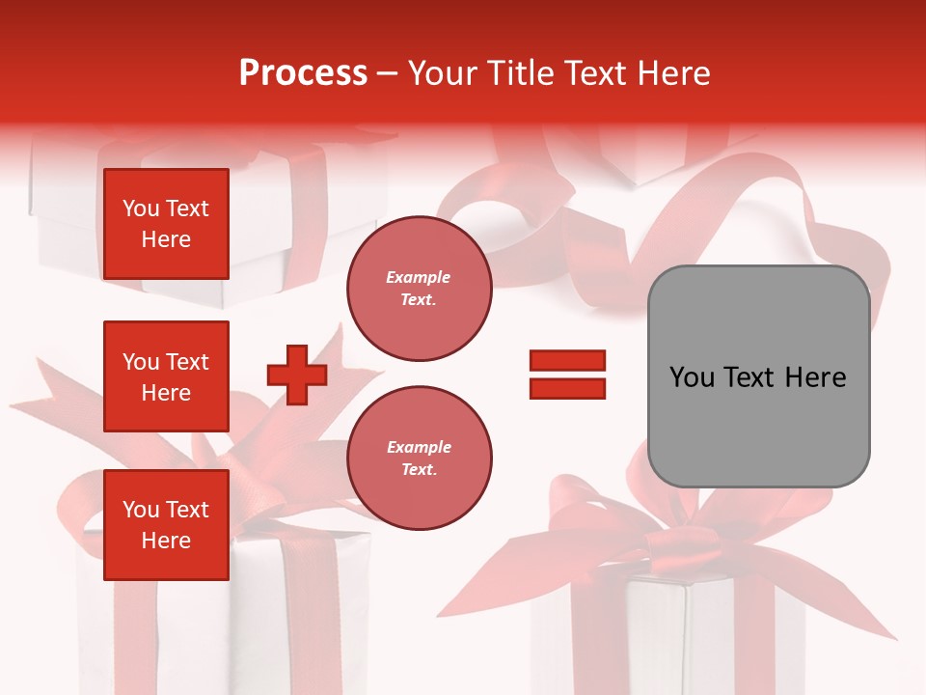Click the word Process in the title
303,73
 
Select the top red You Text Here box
166,224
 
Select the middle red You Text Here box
166,376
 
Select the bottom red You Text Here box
166,525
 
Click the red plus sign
297,375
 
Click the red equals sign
567,375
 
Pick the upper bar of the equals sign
567,361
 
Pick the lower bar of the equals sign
567,388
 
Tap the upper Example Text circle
419,289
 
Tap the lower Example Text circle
419,459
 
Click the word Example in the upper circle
418,277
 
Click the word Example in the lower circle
418,447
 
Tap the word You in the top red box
141,208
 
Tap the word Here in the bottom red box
166,541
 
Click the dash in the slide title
388,73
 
